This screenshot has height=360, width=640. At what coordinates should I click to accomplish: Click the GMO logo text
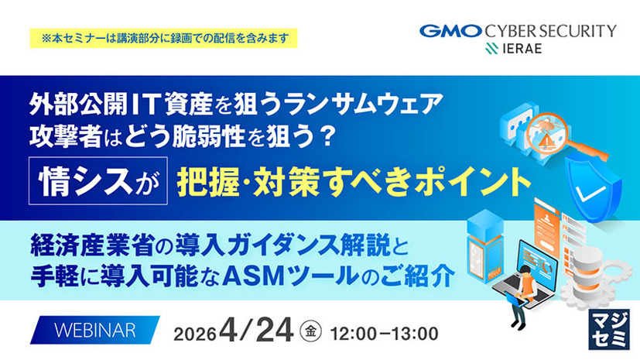pos(450,31)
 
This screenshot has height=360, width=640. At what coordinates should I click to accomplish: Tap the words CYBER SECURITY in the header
pos(551,31)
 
